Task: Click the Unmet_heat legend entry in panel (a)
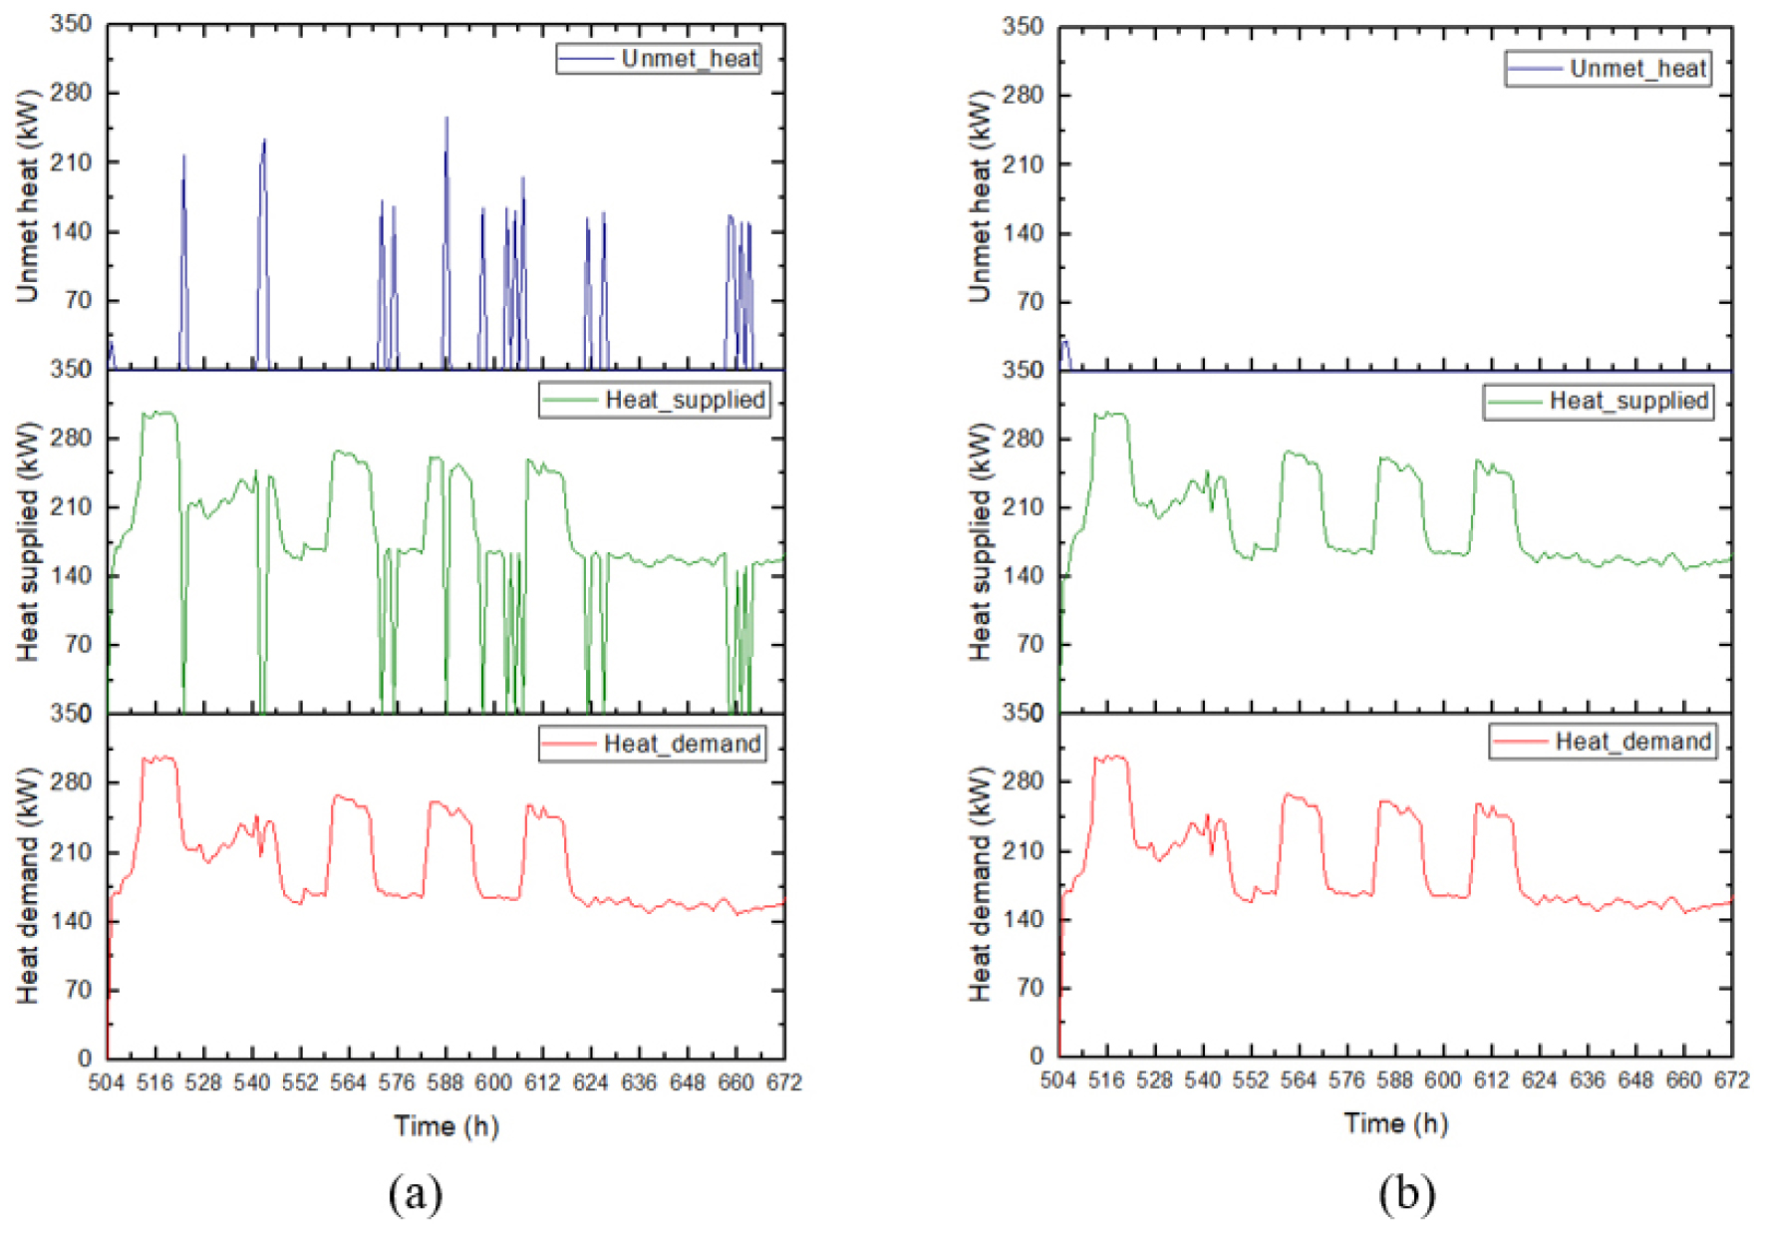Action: (x=659, y=59)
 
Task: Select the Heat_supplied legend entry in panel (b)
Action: (x=1599, y=402)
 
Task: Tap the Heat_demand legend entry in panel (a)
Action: (x=653, y=745)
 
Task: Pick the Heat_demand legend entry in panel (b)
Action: (x=1603, y=742)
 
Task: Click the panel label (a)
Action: (x=415, y=1193)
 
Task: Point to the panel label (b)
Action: (x=1406, y=1193)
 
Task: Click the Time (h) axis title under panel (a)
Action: (x=445, y=1126)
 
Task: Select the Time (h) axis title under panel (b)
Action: (x=1395, y=1123)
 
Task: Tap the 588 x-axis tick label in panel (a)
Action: (x=444, y=1083)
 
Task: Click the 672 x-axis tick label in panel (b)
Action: (x=1731, y=1081)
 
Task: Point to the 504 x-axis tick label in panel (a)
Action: (x=107, y=1083)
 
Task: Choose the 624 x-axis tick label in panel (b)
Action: (x=1539, y=1081)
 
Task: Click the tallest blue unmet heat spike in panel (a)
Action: (x=446, y=120)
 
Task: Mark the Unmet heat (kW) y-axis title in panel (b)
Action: (x=980, y=196)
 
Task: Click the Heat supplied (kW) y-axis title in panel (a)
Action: (x=28, y=541)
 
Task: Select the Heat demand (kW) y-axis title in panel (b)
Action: (x=980, y=884)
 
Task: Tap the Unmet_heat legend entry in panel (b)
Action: (x=1609, y=69)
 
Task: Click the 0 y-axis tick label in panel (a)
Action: (x=85, y=1059)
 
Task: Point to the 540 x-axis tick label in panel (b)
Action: (x=1202, y=1081)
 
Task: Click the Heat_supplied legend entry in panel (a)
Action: (x=655, y=401)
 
